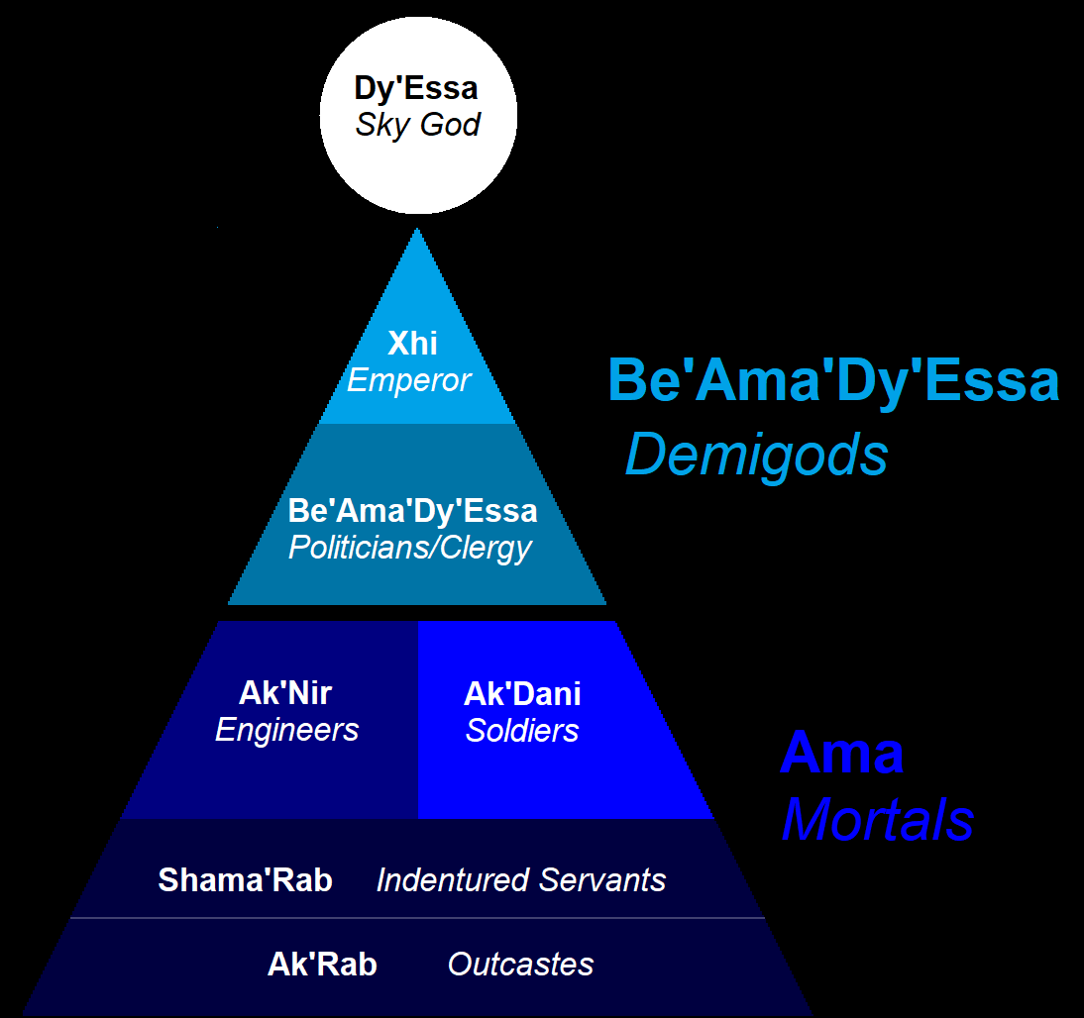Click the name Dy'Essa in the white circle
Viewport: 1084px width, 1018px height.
click(416, 88)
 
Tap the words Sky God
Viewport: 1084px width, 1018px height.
click(418, 125)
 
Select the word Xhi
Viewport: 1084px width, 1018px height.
click(412, 344)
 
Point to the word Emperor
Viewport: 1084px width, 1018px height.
click(408, 380)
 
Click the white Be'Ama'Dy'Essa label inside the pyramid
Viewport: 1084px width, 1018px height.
click(412, 511)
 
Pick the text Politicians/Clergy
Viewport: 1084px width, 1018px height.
click(410, 548)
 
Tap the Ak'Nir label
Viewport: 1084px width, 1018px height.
click(285, 692)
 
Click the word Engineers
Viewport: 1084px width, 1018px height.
click(286, 731)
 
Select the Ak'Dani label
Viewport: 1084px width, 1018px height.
click(522, 693)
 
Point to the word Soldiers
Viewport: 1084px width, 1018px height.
click(522, 731)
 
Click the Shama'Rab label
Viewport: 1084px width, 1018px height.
click(245, 879)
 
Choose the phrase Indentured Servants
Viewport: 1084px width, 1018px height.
click(521, 879)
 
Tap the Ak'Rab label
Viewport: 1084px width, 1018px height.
click(322, 965)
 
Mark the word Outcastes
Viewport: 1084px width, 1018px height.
click(520, 965)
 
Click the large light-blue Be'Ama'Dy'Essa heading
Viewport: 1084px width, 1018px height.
click(832, 380)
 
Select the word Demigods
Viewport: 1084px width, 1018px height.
click(756, 456)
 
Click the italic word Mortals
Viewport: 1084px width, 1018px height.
click(877, 820)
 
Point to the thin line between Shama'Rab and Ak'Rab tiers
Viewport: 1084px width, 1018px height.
click(416, 918)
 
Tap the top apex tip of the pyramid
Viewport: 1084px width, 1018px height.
click(417, 231)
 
